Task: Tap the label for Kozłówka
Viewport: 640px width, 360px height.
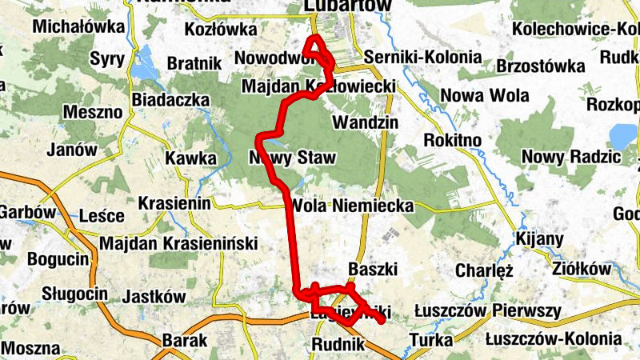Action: [x=218, y=30]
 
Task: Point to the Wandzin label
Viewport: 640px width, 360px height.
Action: [x=365, y=124]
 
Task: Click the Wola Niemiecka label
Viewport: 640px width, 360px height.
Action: [x=353, y=206]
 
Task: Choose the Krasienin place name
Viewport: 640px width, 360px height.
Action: [x=174, y=204]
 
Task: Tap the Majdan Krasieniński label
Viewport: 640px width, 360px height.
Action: [x=178, y=242]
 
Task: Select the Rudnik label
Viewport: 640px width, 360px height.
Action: [x=339, y=344]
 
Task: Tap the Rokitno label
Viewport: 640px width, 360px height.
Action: [x=452, y=140]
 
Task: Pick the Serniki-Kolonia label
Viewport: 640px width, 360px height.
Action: [x=422, y=58]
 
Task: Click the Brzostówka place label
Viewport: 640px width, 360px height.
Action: [x=537, y=66]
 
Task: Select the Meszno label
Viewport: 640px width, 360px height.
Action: [x=89, y=112]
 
